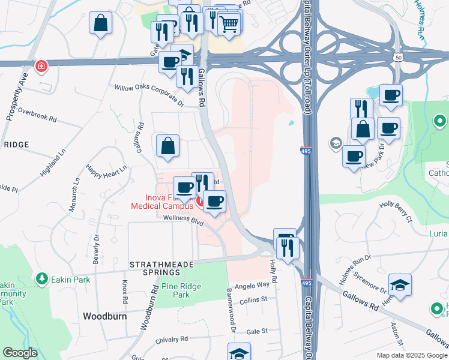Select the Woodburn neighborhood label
pos(104,316)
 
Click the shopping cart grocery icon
pos(229,24)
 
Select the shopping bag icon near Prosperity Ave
pos(101,23)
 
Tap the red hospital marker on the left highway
pos(41,65)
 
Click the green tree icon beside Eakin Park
pos(41,278)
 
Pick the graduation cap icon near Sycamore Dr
pos(400,286)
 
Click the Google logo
pos(20,353)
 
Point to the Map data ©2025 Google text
pos(411,355)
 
